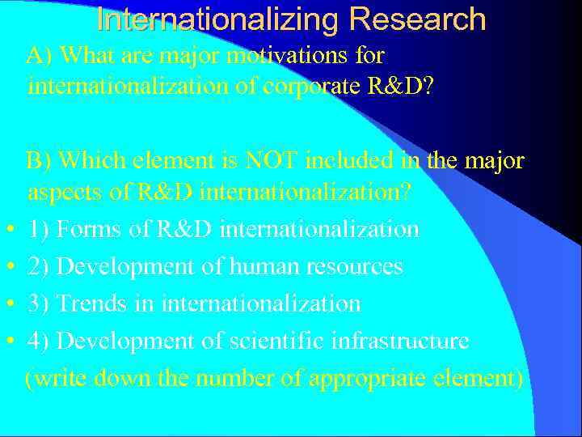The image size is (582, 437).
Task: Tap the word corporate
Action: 301,86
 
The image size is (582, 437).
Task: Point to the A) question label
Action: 40,56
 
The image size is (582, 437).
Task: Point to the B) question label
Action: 39,161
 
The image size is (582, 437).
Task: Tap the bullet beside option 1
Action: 7,230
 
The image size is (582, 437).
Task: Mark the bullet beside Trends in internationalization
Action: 7,304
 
